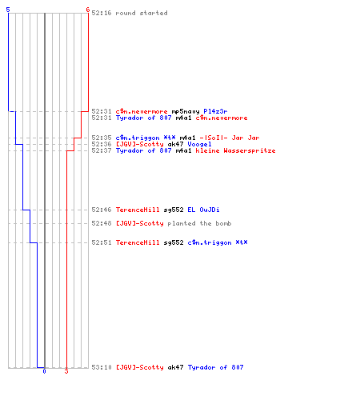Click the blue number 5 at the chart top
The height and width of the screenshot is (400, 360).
8,10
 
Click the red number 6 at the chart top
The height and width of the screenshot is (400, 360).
87,10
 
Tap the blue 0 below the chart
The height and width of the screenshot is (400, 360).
44,371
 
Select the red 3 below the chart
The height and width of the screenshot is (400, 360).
66,371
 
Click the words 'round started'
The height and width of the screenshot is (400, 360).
142,13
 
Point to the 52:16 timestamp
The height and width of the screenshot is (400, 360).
102,13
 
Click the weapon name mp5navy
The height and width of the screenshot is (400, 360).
186,111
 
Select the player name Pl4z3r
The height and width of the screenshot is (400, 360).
215,111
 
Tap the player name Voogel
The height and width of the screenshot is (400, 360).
199,144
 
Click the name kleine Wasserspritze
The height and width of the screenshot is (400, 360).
235,150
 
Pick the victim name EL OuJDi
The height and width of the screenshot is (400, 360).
203,210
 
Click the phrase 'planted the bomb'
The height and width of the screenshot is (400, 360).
199,223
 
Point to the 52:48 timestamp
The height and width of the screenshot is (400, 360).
102,223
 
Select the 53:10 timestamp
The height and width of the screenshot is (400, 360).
102,367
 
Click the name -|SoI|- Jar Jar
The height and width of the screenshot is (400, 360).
230,138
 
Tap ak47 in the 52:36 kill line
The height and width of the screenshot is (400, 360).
175,144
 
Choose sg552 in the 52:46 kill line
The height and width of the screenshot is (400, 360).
174,210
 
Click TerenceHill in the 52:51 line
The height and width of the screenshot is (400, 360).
138,242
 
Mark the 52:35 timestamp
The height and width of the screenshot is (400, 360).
102,138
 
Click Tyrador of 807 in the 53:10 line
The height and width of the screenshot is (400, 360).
215,367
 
